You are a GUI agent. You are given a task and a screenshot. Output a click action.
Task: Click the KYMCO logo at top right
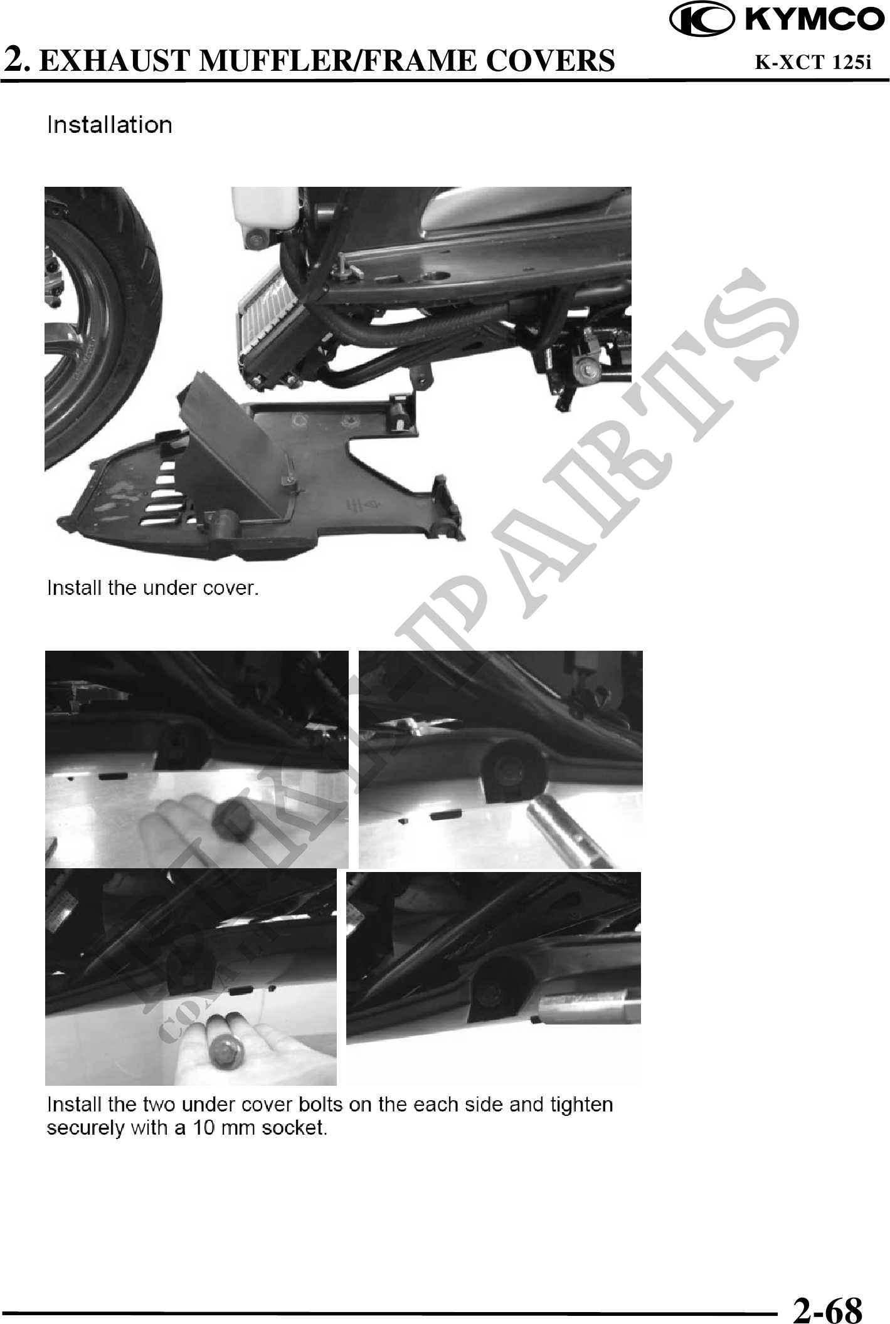pyautogui.click(x=778, y=21)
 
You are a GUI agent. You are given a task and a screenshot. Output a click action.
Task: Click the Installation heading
pyautogui.click(x=110, y=125)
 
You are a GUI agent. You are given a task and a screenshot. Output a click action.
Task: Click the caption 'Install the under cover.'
pyautogui.click(x=154, y=588)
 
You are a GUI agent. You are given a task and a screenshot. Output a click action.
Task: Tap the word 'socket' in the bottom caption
pyautogui.click(x=295, y=1128)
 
